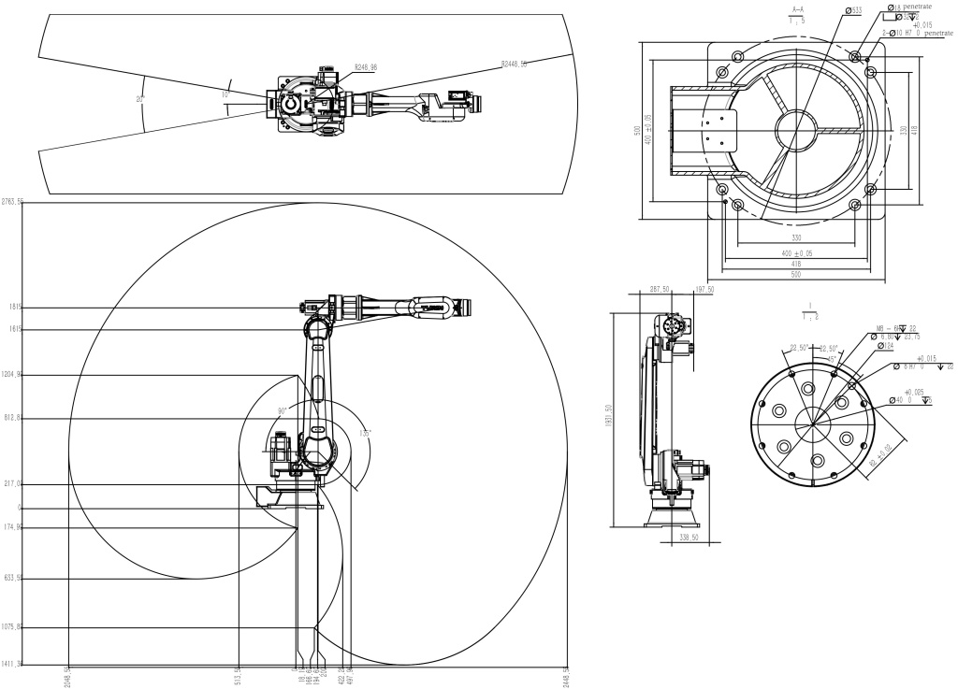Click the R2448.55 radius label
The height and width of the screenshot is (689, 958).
click(515, 65)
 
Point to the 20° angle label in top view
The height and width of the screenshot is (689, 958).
click(140, 98)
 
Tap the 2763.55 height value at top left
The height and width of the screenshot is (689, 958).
click(12, 202)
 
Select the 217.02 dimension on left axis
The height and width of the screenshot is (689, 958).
click(13, 484)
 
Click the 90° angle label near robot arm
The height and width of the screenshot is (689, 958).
click(283, 409)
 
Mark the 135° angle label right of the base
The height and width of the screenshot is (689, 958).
click(365, 433)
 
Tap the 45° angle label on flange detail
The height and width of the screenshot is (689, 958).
click(831, 358)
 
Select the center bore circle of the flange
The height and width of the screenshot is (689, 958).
click(814, 422)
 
